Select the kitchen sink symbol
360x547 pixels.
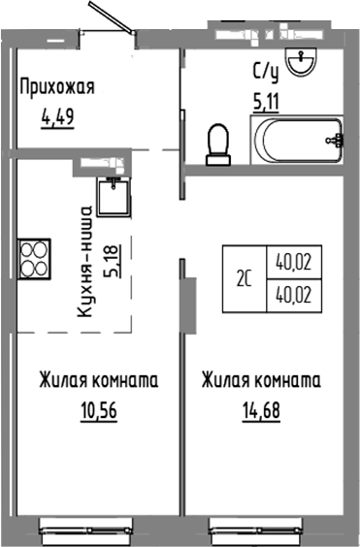(x=115, y=196)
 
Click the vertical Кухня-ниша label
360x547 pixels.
(x=87, y=263)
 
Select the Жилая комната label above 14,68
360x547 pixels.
(x=261, y=379)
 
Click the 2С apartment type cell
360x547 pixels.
(x=243, y=278)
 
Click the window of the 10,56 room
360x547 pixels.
(x=91, y=528)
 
